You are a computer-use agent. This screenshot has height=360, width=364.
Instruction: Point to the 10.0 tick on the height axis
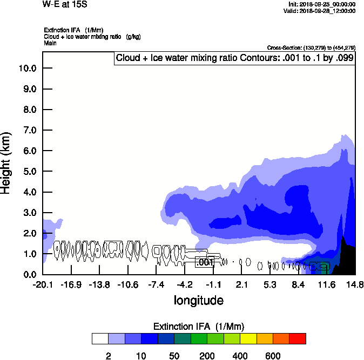(x=28, y=68)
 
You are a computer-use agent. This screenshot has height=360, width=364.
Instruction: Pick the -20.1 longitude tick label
(x=43, y=284)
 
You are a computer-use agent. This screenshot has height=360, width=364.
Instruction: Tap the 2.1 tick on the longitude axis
(x=242, y=284)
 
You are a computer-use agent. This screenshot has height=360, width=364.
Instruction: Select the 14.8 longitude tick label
(x=354, y=284)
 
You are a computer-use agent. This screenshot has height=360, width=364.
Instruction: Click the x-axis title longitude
(x=198, y=300)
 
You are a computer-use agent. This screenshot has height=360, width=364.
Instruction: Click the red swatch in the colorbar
(x=297, y=338)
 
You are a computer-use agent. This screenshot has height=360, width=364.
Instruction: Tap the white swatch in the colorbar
(x=100, y=338)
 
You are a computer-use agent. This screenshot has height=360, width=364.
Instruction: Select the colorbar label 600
(x=273, y=356)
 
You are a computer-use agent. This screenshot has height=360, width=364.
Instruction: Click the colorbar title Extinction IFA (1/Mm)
(x=199, y=327)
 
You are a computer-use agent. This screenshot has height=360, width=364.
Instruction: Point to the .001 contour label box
(x=205, y=262)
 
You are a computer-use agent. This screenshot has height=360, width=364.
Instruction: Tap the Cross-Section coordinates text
(x=311, y=47)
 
